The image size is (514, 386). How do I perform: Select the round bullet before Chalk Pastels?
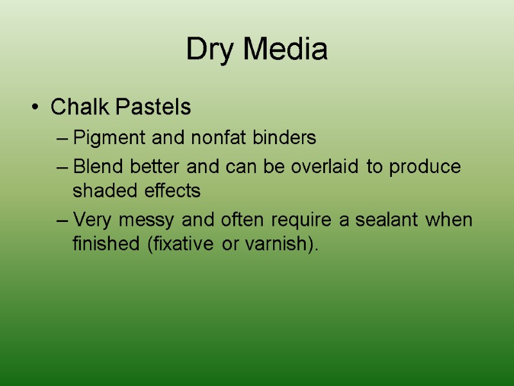click(35, 107)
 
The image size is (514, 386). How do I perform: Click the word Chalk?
click(79, 107)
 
